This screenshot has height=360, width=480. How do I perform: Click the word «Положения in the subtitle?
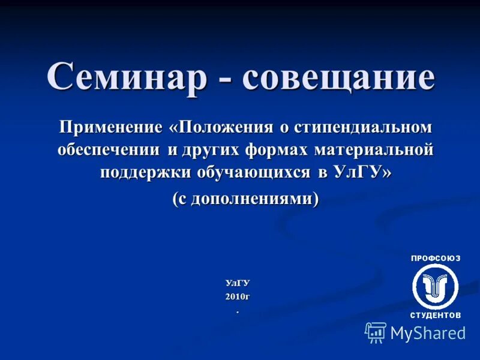220,127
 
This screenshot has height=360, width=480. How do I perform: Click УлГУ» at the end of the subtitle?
362,173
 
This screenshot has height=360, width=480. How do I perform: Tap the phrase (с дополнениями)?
245,199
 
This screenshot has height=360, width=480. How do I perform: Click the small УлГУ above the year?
238,283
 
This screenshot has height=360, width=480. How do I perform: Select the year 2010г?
238,297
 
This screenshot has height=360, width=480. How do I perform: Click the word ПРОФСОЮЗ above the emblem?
436,259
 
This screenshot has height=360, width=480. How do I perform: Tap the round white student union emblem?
436,286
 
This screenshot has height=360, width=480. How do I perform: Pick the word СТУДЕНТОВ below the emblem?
436,315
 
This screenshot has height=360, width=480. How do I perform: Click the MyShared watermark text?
428,334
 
